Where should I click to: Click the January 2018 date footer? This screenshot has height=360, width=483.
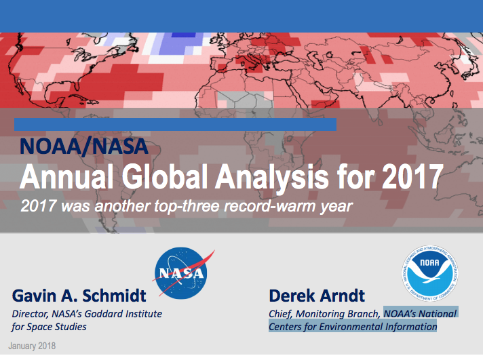pyautogui.click(x=33, y=346)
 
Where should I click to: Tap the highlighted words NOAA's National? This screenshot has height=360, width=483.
pyautogui.click(x=420, y=313)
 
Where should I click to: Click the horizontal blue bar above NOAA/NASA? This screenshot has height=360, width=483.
pyautogui.click(x=175, y=124)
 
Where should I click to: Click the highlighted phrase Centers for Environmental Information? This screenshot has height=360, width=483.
pyautogui.click(x=353, y=327)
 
